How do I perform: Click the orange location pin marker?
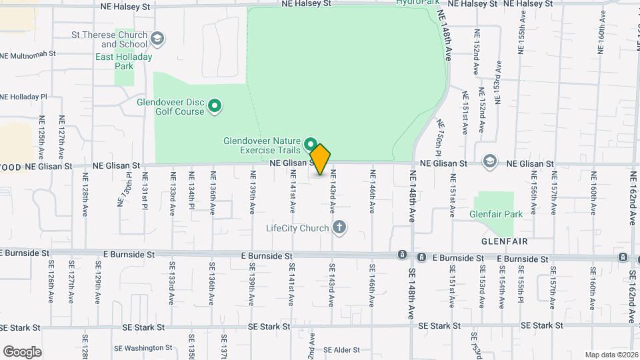[320, 159]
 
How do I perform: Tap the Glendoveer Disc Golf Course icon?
[215, 105]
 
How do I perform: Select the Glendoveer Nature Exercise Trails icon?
[311, 144]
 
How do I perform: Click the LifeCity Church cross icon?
[339, 228]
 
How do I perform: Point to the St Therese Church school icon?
[158, 38]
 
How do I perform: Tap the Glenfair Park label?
[496, 214]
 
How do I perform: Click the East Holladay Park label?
[123, 62]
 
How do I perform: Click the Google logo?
[22, 352]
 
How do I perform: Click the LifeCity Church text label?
[297, 228]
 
